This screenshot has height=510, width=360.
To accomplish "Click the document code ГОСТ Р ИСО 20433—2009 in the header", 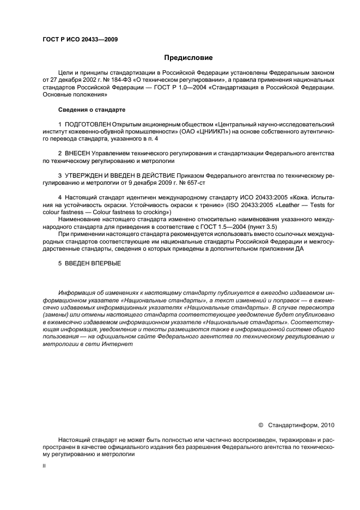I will click(x=80, y=39).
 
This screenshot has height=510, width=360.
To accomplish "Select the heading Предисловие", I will click(x=188, y=57).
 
